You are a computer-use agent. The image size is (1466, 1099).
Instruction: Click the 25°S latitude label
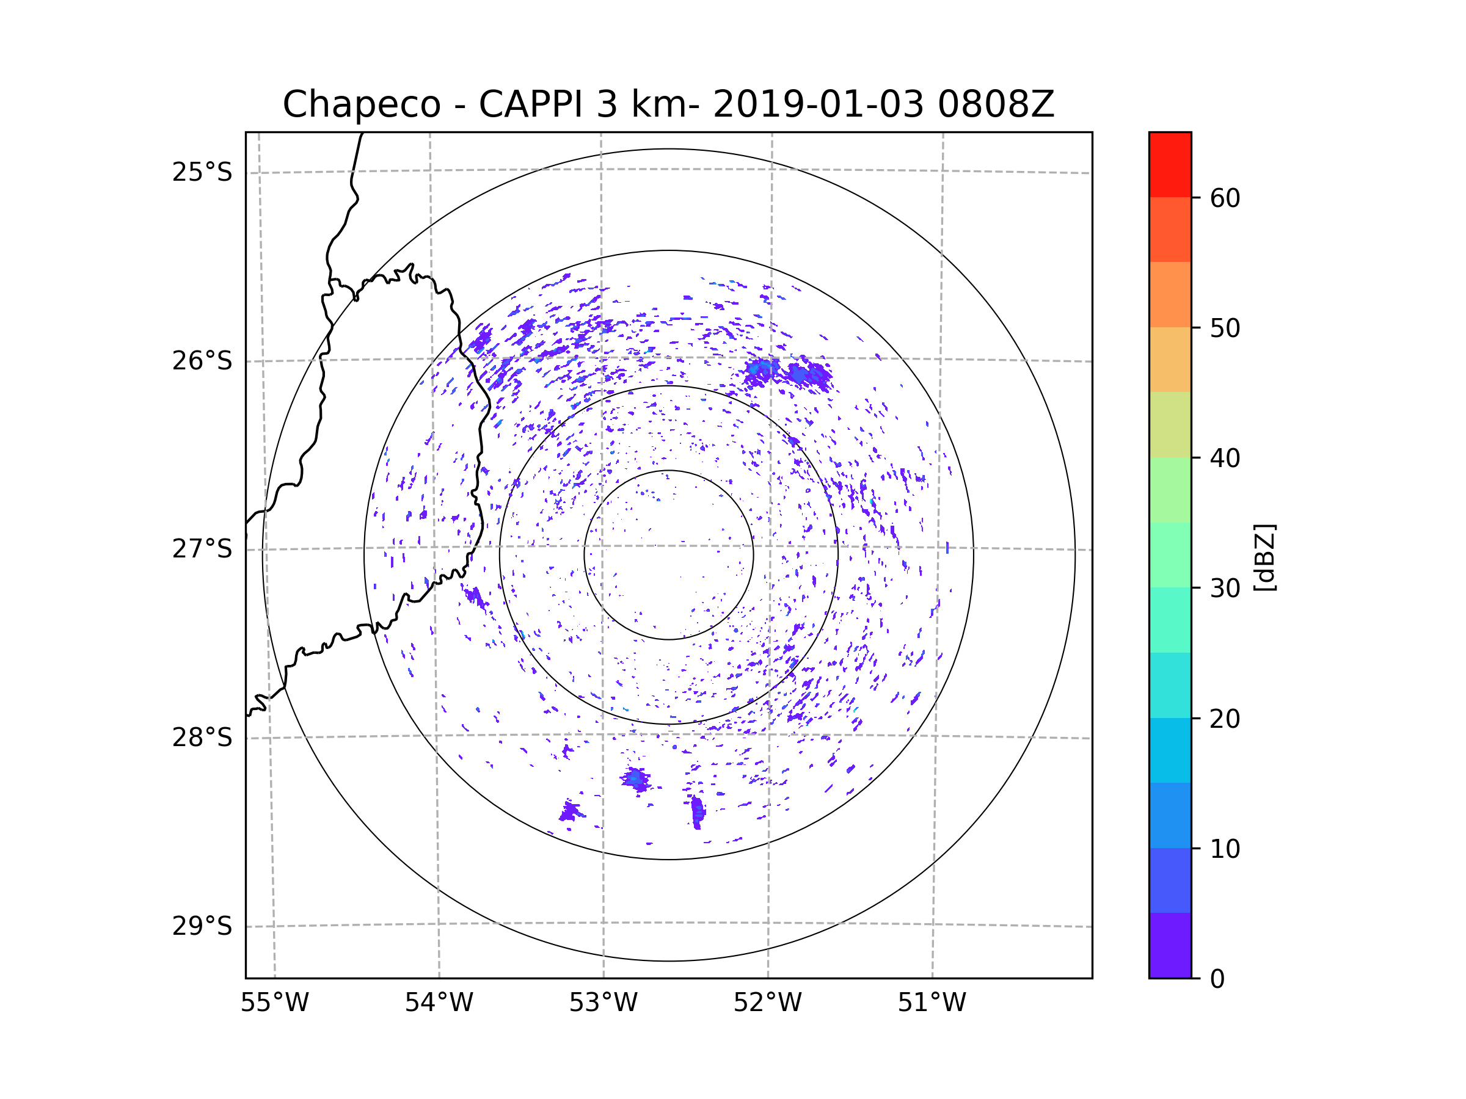202,172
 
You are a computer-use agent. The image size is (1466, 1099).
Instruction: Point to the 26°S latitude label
202,361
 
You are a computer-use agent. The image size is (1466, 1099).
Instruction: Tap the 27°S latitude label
202,549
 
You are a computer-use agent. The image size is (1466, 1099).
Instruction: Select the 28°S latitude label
202,738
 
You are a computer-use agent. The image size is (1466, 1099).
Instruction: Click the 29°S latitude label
202,926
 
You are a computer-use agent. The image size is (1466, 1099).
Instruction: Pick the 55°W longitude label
274,1003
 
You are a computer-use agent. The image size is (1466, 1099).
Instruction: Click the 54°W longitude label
439,1003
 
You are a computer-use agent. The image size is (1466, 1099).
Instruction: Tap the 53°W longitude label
603,1003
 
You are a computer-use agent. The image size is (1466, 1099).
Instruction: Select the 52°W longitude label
767,1003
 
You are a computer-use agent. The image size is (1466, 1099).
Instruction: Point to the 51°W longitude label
932,1003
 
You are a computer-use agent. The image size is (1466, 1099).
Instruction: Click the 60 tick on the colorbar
1225,198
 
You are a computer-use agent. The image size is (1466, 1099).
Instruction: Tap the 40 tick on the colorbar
1225,459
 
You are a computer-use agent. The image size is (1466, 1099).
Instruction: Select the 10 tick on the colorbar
1225,849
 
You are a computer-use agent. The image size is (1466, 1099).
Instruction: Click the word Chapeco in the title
361,104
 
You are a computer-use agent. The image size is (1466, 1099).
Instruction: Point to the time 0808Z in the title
996,104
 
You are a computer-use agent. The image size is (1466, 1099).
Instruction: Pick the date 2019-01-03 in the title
818,104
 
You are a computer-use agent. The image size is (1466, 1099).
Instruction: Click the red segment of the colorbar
1170,164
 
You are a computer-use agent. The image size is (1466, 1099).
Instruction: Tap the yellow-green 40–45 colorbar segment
1170,424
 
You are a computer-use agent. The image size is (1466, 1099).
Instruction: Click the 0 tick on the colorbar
1217,979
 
